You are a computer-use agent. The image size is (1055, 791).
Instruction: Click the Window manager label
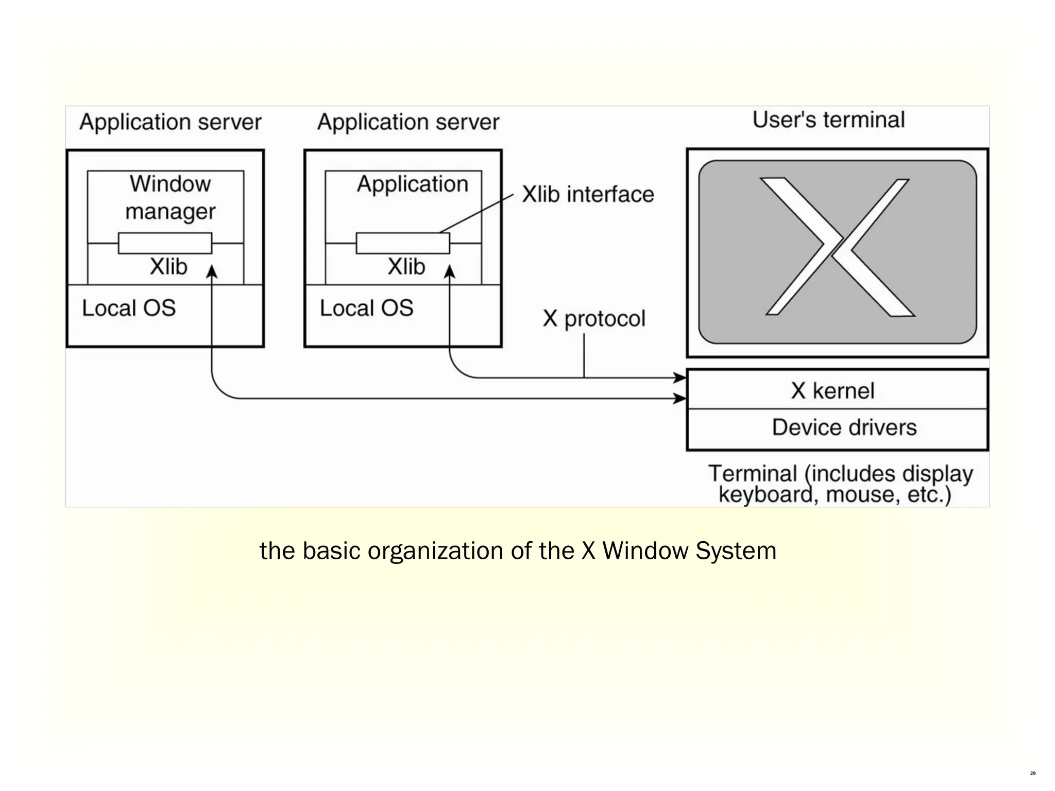[170, 198]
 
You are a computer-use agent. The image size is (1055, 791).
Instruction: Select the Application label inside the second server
[412, 184]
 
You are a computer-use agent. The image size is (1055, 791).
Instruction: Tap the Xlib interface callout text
[588, 195]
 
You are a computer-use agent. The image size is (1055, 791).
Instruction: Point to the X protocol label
[593, 318]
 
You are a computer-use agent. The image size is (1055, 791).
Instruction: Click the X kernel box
[832, 390]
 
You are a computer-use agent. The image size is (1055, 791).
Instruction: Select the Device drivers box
[844, 427]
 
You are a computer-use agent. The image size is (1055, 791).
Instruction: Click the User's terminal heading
[828, 120]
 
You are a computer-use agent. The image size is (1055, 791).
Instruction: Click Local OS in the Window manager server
[129, 308]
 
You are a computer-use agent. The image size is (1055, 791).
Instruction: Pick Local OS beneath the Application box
[366, 308]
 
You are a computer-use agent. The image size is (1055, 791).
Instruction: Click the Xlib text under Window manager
[168, 267]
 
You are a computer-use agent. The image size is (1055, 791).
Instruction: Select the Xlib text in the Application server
[406, 267]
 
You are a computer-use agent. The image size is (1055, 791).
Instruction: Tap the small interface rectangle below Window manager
[165, 243]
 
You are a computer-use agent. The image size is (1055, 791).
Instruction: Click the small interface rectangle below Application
[402, 243]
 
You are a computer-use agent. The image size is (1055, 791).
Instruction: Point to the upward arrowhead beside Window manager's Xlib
[212, 271]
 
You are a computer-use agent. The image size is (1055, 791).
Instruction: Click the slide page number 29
[1032, 773]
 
